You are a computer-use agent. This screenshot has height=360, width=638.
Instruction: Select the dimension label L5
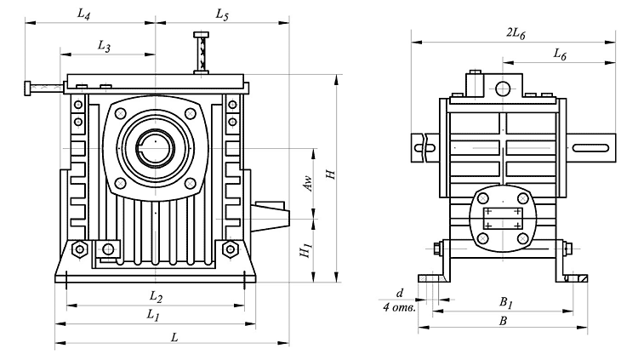221,15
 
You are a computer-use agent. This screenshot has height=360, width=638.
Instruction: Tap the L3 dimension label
105,46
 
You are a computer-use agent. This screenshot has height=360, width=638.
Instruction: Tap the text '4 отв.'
399,307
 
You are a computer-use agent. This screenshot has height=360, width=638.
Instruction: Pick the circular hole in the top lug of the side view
503,89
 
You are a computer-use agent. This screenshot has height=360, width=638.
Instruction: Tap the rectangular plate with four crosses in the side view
502,217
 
